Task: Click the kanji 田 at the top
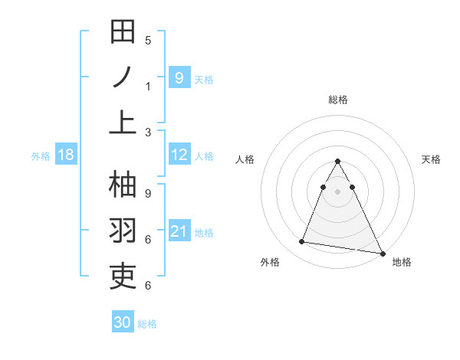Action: [x=123, y=32]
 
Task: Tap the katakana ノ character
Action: [x=123, y=77]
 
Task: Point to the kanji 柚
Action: [x=123, y=185]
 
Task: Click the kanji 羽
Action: [x=123, y=231]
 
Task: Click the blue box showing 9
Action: [x=179, y=77]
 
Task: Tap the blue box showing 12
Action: [x=179, y=155]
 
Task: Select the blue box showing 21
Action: [x=179, y=231]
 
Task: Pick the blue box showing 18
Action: [x=65, y=155]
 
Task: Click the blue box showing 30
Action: [x=122, y=322]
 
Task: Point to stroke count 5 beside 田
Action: [x=148, y=40]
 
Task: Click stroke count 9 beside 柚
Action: [x=148, y=194]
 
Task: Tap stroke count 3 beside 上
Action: [x=148, y=132]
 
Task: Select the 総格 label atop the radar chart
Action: [x=338, y=100]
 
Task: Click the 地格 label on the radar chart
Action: [x=402, y=262]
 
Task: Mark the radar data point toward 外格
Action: [x=302, y=242]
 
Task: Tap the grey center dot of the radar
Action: [x=338, y=191]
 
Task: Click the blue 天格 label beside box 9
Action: [x=204, y=79]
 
